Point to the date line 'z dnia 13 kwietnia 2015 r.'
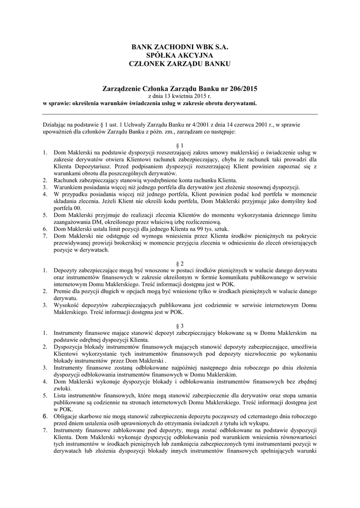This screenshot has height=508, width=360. (x=180, y=96)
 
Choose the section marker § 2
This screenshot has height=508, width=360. (x=180, y=262)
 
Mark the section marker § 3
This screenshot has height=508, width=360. (x=180, y=325)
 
